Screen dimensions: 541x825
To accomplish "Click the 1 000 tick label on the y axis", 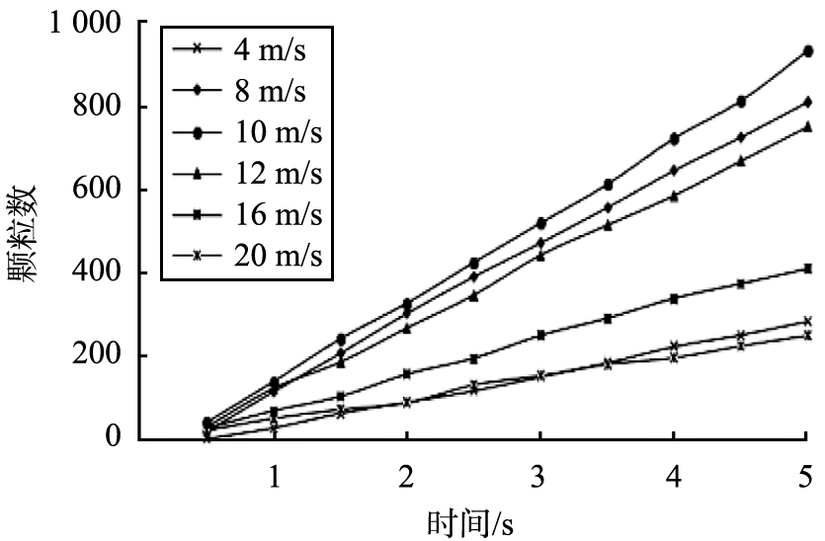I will coord(85,23).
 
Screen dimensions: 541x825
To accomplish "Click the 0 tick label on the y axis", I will coord(114,438).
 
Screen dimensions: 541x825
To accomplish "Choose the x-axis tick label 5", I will coord(806,475).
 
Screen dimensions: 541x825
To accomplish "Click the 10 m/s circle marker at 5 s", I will coord(807,50).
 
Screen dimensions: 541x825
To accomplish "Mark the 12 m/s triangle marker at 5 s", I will coord(807,126).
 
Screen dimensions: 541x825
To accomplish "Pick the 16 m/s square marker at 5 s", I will coord(807,269).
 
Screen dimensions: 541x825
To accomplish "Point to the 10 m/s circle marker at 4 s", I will coord(674,138).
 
